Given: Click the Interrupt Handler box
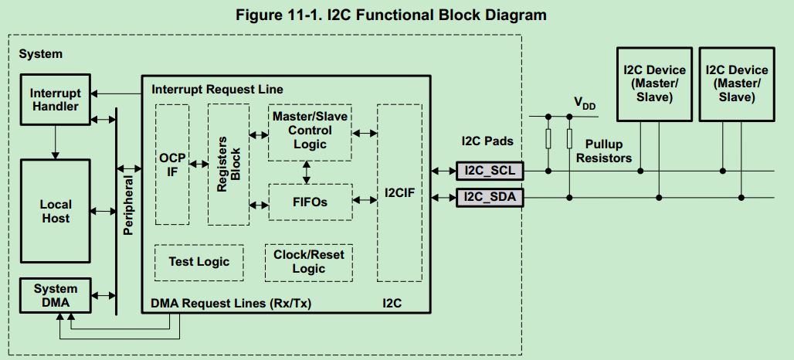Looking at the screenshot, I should click(x=55, y=100).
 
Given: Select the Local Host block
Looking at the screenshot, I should click(x=55, y=211).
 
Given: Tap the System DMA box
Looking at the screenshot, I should click(x=55, y=296).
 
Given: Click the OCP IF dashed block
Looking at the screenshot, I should click(x=172, y=164).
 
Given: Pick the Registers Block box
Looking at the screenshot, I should click(x=228, y=164).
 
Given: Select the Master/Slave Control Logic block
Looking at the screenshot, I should click(x=310, y=131).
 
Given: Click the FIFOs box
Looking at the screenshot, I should click(x=310, y=202).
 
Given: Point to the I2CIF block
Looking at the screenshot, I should click(x=399, y=193).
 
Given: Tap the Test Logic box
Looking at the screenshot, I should click(x=198, y=262).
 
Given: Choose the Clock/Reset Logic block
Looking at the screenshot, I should click(x=309, y=262).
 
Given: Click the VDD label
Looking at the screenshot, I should click(x=585, y=103).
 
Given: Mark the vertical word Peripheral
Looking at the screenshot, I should click(x=128, y=204).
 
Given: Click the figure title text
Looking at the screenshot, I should click(x=396, y=15).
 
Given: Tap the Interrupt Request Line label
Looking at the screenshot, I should click(x=217, y=90).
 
